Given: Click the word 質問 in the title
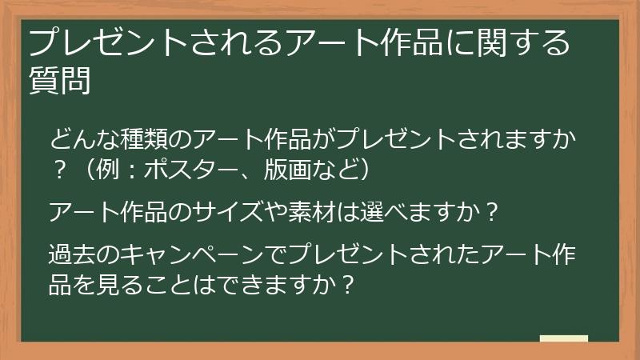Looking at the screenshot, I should pyautogui.click(x=59, y=81).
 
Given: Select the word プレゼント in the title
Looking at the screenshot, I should pyautogui.click(x=114, y=42).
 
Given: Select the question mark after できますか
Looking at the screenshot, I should pyautogui.click(x=348, y=284).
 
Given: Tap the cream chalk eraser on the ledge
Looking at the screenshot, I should pyautogui.click(x=564, y=338).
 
